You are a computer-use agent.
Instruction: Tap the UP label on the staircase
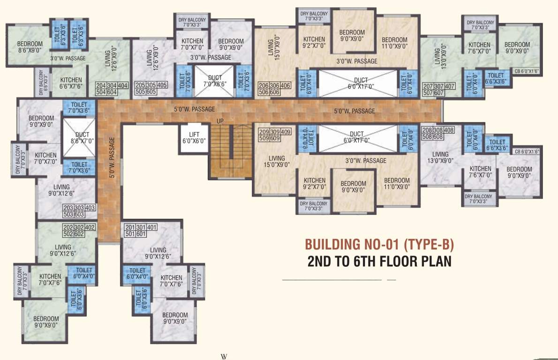[x=220, y=121]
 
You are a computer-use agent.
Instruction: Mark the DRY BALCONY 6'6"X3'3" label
[x=42, y=83]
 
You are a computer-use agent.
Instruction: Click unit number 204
[x=101, y=86]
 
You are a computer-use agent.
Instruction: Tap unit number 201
[x=129, y=227]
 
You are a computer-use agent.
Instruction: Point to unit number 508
[x=428, y=137]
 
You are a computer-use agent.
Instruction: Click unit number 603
[x=90, y=214]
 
